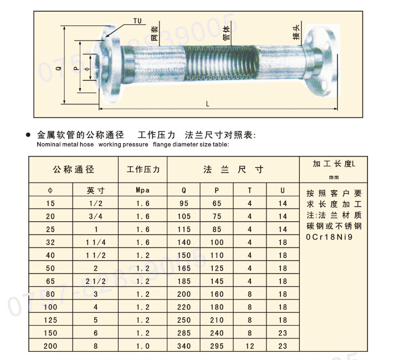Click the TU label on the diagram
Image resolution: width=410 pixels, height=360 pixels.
(x=137, y=21)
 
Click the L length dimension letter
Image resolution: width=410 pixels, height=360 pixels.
(x=207, y=103)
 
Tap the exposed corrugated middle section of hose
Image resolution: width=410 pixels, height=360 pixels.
(x=222, y=61)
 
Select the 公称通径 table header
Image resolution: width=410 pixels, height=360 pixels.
(x=73, y=169)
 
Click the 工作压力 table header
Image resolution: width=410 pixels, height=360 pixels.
(x=143, y=169)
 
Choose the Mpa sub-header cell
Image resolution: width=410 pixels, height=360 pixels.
(x=143, y=190)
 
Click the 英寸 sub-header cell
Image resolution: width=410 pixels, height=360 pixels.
(x=95, y=190)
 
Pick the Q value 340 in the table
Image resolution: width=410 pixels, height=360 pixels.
(x=184, y=346)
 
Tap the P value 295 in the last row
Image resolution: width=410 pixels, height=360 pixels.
(x=217, y=346)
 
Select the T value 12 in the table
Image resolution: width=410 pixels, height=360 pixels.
(x=250, y=346)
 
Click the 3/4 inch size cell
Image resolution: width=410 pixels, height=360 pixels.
(x=95, y=216)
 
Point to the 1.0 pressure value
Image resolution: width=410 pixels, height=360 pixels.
(x=143, y=346)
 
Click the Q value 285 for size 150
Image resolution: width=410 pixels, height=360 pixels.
(x=184, y=333)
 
